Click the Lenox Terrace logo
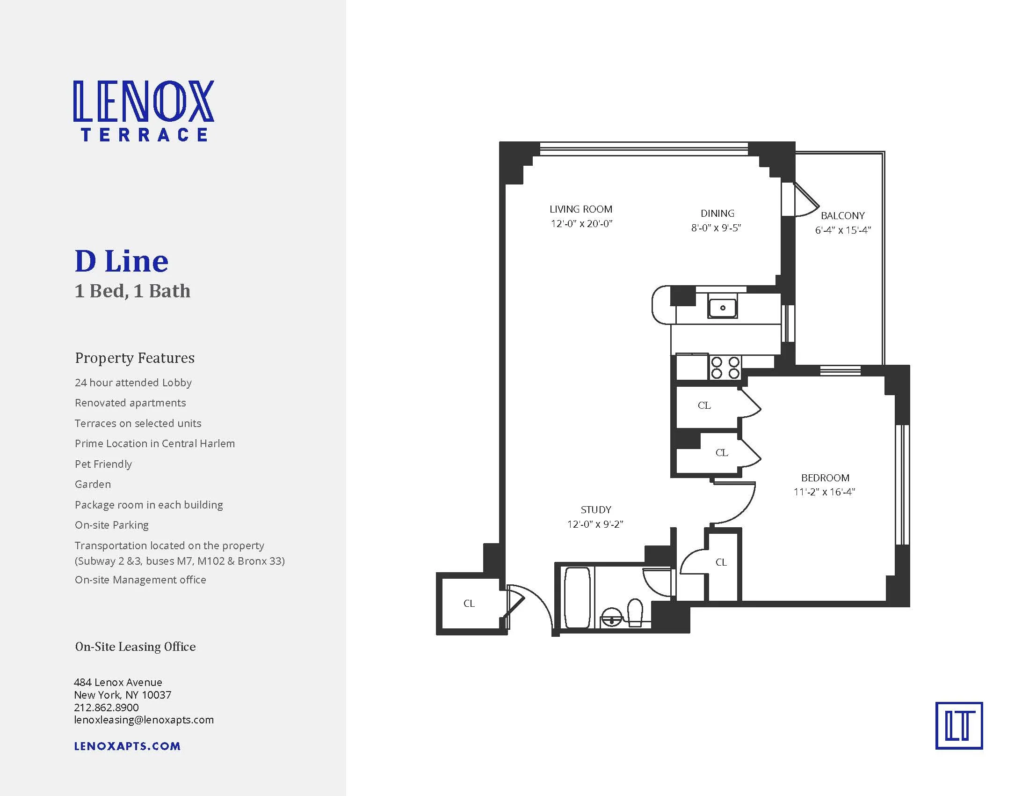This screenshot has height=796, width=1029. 144,111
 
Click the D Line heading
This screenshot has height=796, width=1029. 122,261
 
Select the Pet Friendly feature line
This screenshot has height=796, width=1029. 103,464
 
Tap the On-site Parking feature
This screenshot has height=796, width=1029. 112,525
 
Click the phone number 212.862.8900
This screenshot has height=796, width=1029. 107,708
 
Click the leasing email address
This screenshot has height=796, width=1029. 144,720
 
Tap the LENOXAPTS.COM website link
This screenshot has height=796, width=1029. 127,746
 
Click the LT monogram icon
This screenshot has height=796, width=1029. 959,726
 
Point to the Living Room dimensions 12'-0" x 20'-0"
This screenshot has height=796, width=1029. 581,223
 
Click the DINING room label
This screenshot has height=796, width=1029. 717,213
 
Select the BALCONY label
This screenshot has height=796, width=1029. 842,215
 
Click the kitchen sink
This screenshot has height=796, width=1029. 722,308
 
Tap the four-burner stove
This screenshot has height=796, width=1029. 725,368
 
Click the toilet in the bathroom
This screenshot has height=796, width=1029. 635,613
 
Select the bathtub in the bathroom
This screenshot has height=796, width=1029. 577,598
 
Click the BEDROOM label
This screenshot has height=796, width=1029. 825,478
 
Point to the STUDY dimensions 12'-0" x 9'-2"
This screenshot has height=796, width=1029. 595,524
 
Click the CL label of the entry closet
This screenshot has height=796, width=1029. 469,603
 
